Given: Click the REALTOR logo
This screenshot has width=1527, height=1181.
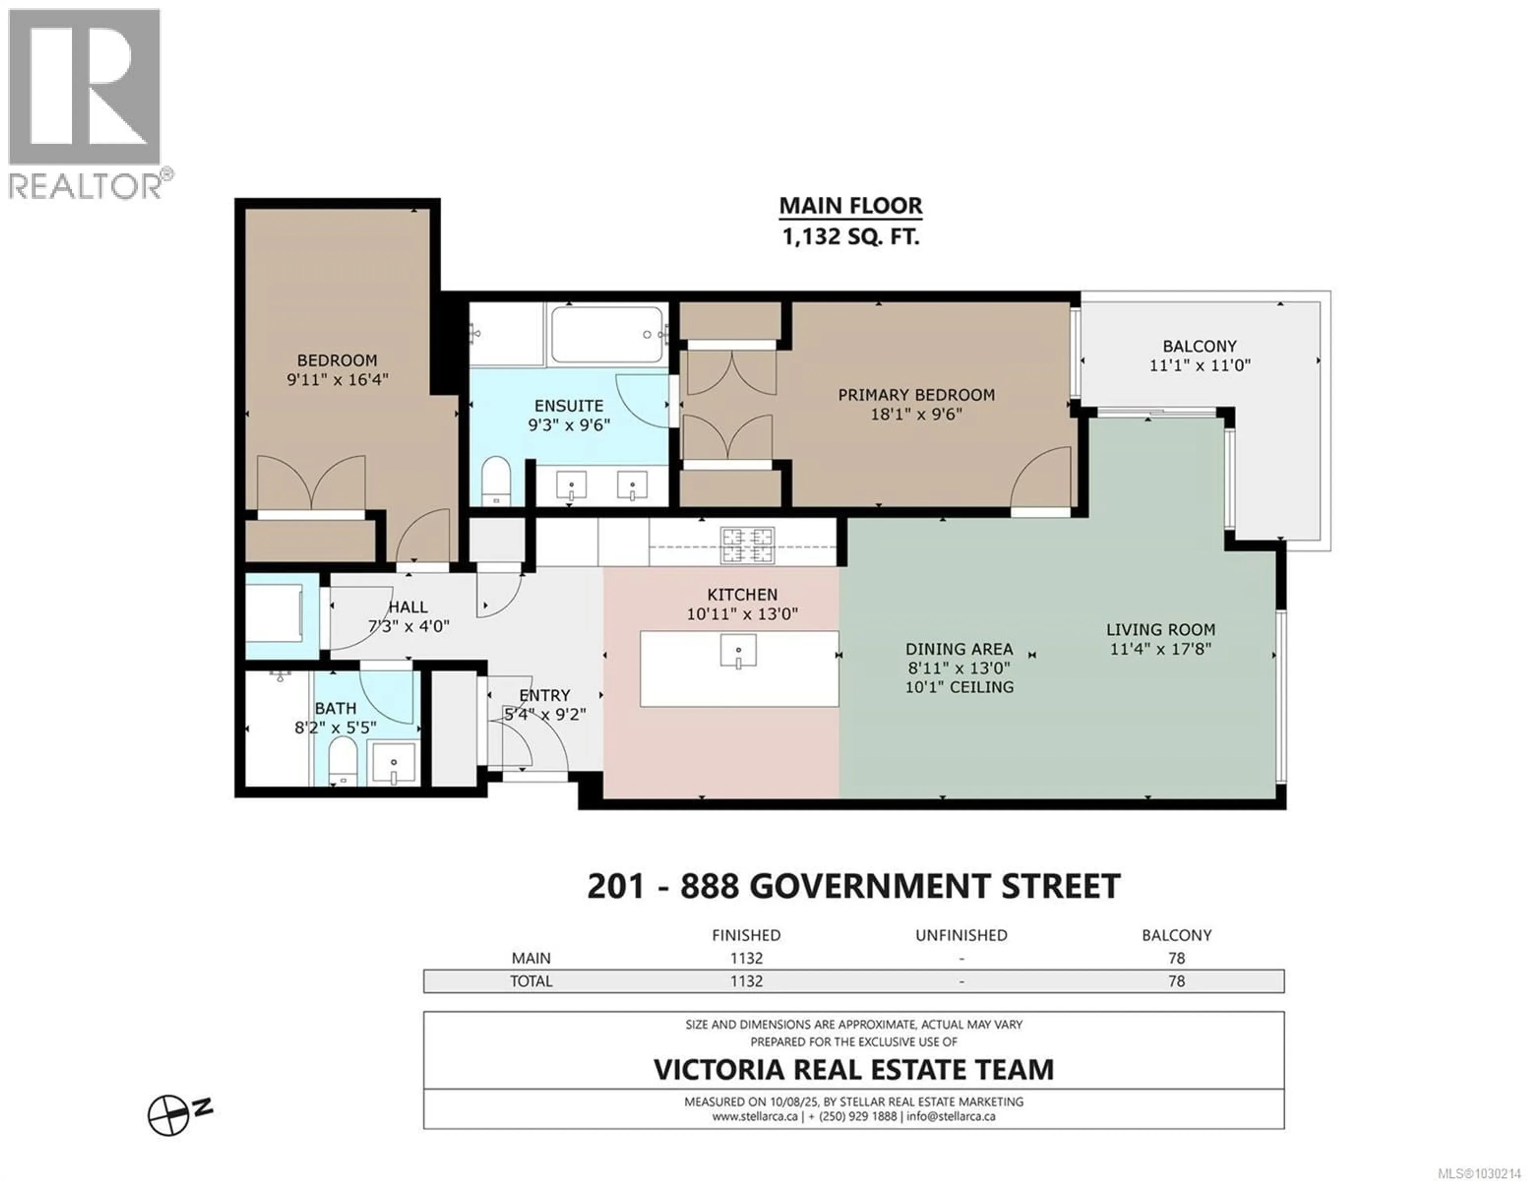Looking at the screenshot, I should click(85, 103).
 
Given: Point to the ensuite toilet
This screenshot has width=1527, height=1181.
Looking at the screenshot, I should click(496, 481).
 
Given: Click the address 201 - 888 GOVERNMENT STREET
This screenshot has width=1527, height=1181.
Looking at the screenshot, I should click(853, 887).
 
